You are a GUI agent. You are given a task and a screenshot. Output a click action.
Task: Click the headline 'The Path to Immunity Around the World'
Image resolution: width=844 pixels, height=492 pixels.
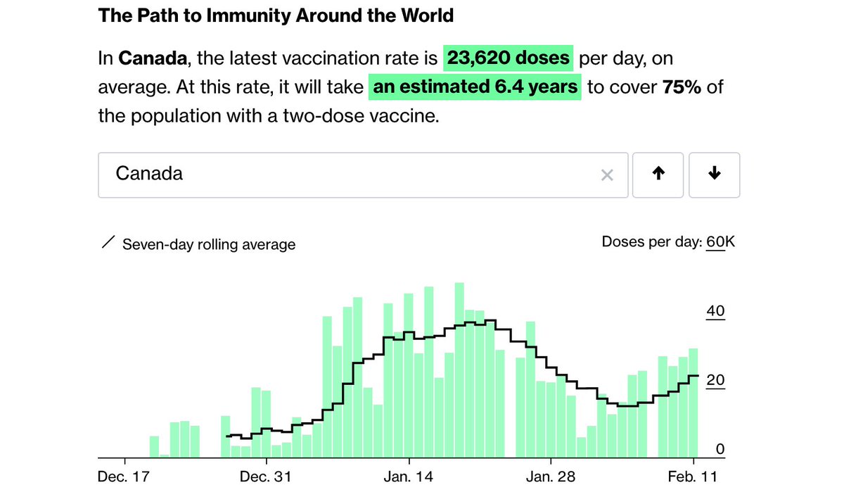click(x=276, y=15)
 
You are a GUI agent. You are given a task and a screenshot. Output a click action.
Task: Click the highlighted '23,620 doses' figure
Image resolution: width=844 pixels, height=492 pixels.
click(x=509, y=58)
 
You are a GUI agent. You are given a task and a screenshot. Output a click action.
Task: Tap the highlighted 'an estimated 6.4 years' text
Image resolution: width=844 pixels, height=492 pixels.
click(x=475, y=87)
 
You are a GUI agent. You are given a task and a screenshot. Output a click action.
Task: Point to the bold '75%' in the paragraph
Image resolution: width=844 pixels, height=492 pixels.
click(x=682, y=87)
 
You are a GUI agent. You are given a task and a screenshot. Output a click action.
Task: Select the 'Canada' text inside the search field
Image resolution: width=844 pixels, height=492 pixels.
click(x=149, y=173)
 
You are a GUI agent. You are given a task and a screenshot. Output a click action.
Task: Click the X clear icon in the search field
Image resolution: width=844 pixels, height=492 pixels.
click(x=607, y=175)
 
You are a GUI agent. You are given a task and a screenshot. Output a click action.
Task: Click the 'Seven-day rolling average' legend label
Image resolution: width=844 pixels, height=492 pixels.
click(x=208, y=244)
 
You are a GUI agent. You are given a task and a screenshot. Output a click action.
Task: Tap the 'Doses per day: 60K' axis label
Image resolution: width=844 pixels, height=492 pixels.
click(x=667, y=242)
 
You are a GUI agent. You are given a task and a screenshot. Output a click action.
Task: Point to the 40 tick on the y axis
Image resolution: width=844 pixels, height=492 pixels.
click(x=715, y=311)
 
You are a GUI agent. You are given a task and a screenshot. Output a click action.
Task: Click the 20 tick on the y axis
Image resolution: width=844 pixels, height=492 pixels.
click(x=715, y=380)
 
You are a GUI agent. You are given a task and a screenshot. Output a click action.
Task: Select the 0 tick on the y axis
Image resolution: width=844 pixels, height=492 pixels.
click(x=720, y=449)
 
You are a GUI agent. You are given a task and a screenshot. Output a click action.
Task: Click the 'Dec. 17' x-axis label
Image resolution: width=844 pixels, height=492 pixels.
click(x=124, y=477)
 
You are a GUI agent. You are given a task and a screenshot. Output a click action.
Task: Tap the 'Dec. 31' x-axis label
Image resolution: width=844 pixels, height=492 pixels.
click(x=267, y=477)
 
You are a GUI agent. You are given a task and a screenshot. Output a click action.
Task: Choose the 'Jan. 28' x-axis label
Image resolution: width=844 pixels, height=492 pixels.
click(x=551, y=477)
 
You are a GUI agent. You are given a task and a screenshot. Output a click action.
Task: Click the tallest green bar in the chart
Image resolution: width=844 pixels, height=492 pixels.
click(x=459, y=370)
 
